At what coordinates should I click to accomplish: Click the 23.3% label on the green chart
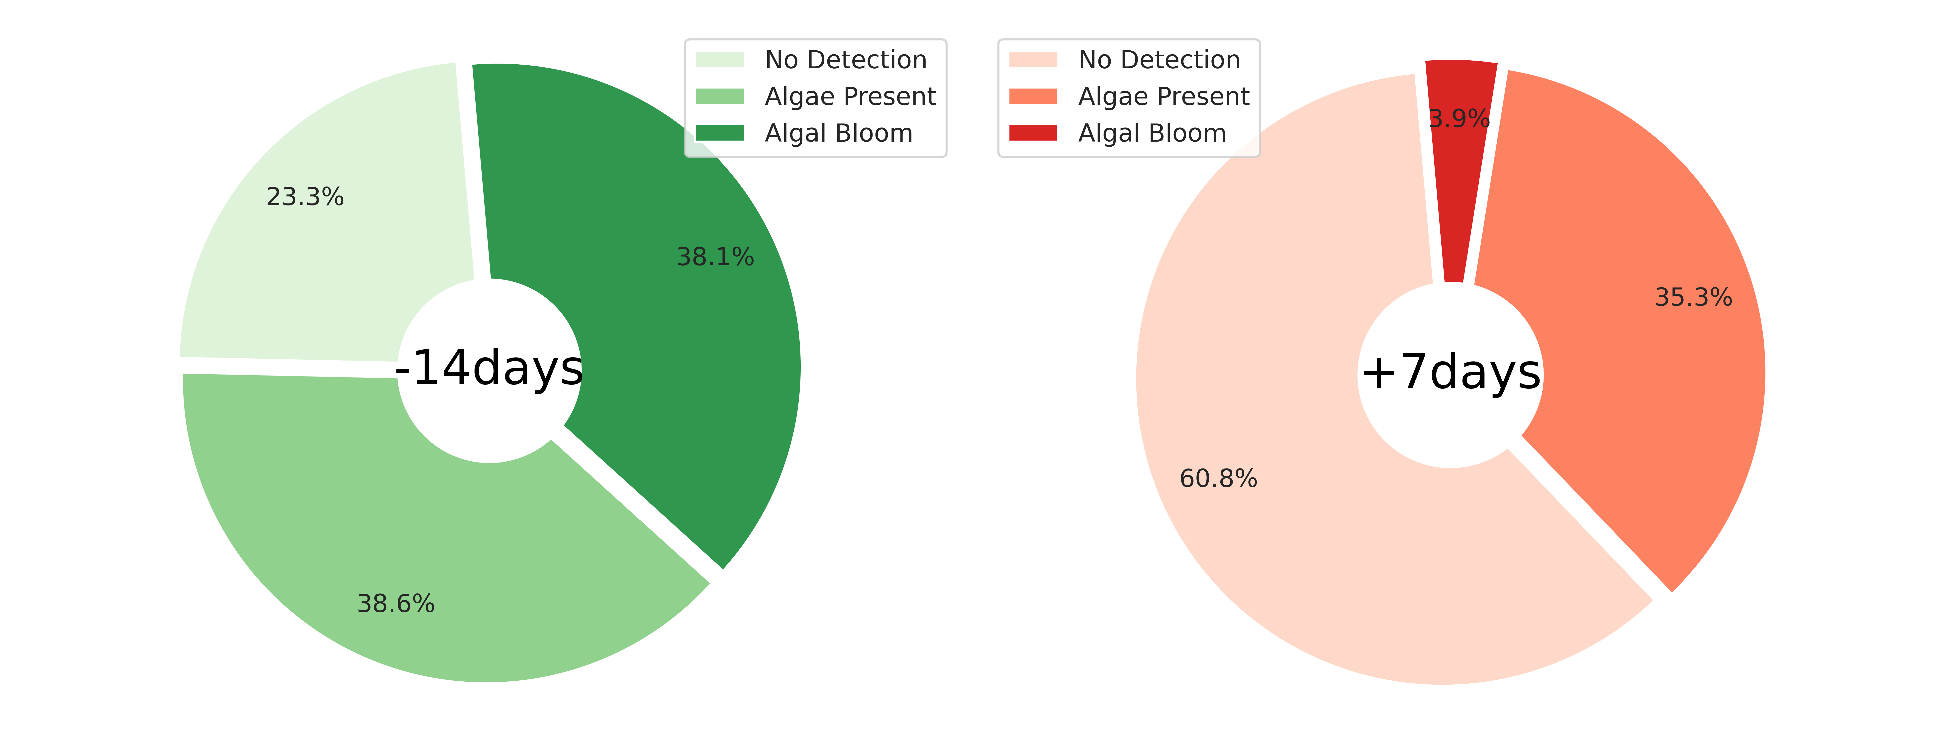[305, 197]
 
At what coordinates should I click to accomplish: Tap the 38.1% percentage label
[715, 257]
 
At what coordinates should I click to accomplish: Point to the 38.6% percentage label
[396, 604]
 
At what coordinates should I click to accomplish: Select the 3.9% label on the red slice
[1459, 118]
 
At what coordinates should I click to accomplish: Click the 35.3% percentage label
[1694, 297]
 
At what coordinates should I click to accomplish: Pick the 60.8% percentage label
[1219, 478]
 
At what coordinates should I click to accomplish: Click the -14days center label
[489, 368]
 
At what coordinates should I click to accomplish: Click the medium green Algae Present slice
[423, 544]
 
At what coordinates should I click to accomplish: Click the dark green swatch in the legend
[720, 133]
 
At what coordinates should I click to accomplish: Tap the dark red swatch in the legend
[1033, 133]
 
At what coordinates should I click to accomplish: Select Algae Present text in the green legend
[850, 96]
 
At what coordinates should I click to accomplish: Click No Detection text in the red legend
[1159, 60]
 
